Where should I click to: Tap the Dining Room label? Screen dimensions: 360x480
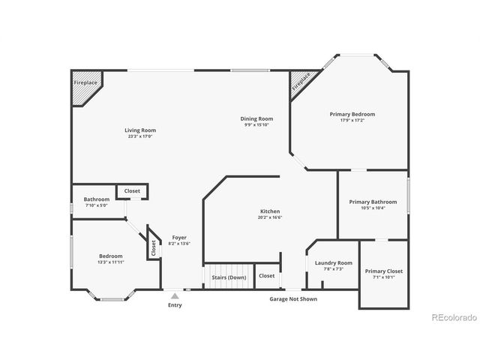[x=256, y=118]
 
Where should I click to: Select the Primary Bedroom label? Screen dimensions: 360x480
[x=352, y=114]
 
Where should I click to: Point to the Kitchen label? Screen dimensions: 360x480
[x=269, y=212]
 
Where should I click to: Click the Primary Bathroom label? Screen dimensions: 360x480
[x=373, y=202]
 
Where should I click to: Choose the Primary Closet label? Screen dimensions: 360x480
[x=384, y=271]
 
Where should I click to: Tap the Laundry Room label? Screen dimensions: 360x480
[x=334, y=262]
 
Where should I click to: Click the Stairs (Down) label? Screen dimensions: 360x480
[x=229, y=277]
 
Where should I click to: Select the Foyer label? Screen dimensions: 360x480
[x=178, y=237]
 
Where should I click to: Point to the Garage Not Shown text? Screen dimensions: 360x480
[x=293, y=298]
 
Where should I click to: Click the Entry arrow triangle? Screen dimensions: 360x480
[x=175, y=296]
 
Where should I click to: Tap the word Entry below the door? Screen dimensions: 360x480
[x=175, y=305]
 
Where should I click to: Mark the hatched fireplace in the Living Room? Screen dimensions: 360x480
[x=85, y=85]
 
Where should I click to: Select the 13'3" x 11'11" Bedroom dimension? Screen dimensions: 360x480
[x=110, y=262]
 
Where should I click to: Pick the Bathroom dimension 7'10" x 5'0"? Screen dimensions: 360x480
[x=97, y=205]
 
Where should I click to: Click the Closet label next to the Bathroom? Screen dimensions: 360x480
[x=132, y=191]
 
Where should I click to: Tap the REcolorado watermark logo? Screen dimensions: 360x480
[x=454, y=317]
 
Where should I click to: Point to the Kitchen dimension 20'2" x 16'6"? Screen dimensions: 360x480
[x=269, y=218]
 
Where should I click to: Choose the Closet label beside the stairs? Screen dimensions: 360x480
[x=266, y=276]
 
